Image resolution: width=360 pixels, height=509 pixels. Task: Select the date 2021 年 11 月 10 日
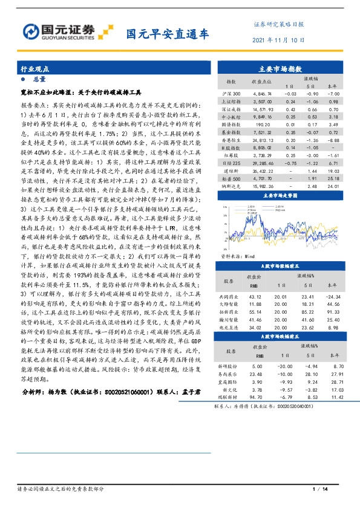click(x=278, y=40)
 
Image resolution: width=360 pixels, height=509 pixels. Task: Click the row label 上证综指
click(x=231, y=102)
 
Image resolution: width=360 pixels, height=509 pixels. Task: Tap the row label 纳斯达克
click(x=231, y=187)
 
